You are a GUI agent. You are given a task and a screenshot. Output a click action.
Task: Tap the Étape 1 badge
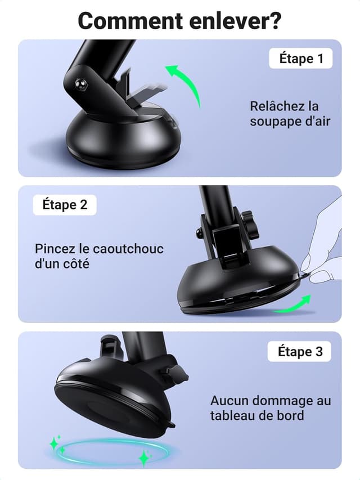coord(305,58)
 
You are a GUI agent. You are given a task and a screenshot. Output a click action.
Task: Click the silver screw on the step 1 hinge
coord(80,85)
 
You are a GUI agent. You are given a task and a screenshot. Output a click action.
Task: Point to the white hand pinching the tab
coord(326,248)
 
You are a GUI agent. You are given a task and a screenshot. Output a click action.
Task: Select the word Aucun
coord(228,401)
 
